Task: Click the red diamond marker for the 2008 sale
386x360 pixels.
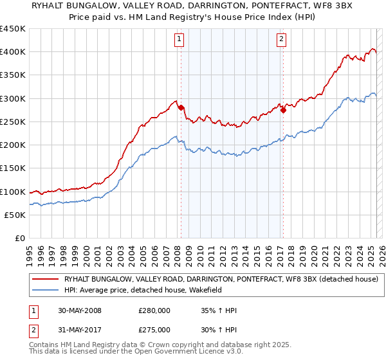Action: (181, 107)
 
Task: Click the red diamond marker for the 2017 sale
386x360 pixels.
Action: (282, 110)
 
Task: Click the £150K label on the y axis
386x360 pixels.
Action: (13, 168)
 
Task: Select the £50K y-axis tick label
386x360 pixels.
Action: (15, 215)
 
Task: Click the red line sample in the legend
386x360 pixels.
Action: (46, 278)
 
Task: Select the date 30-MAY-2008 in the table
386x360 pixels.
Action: (79, 310)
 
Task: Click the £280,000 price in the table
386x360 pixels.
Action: (154, 310)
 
